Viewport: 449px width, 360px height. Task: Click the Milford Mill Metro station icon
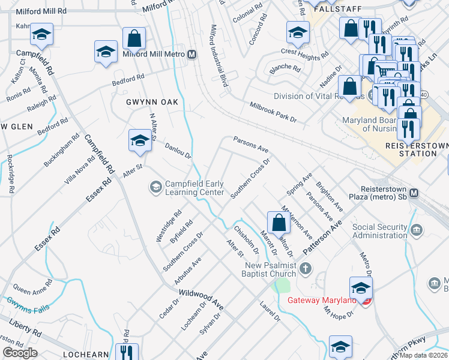click(192, 55)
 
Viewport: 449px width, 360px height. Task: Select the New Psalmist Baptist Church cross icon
click(306, 268)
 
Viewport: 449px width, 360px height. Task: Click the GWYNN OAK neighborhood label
click(152, 102)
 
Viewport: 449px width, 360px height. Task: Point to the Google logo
click(20, 353)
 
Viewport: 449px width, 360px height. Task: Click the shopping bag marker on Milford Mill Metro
click(134, 38)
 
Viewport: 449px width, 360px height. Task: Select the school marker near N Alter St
click(139, 142)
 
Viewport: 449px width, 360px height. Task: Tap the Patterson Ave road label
click(322, 236)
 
